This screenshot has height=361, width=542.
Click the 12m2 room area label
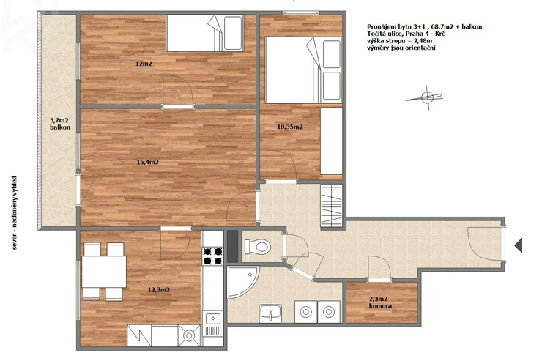pos(144,64)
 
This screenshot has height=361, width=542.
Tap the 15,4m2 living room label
pos(148,162)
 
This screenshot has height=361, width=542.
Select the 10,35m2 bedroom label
pos(290,127)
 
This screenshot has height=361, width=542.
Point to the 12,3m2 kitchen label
pos(159,290)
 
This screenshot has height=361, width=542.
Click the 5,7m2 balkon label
pos(60,124)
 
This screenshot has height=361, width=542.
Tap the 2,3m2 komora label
pos(380,302)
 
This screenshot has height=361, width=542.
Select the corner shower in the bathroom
pos(242,282)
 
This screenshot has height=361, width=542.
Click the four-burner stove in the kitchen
pos(212,256)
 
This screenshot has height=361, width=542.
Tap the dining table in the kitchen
pos(104,272)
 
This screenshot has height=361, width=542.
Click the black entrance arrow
pos(518,245)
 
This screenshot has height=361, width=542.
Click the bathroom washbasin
pos(271,313)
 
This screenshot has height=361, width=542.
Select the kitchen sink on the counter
pos(212,318)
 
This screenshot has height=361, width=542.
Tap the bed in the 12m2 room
pos(205,33)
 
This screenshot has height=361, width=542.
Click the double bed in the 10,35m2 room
pos(303,70)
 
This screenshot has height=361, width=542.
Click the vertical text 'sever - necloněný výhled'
pos(14,213)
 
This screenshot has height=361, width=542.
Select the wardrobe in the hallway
pos(331,206)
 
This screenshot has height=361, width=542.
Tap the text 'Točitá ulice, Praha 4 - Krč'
pos(406,34)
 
